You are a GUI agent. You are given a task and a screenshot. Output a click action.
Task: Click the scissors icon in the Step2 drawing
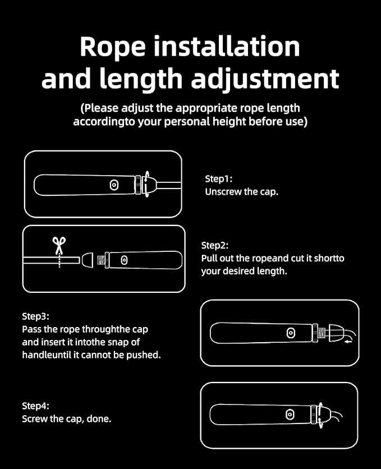click(x=59, y=245)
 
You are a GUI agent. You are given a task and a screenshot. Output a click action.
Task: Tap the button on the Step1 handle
click(x=114, y=185)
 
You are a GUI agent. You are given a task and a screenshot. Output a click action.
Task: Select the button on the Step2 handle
click(x=124, y=260)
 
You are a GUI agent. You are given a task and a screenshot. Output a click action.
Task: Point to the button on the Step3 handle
click(x=291, y=333)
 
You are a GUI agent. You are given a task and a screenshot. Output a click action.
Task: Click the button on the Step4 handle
click(x=290, y=415)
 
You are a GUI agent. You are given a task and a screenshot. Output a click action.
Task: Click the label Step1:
click(x=219, y=179)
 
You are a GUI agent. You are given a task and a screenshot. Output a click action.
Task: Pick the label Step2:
click(x=215, y=245)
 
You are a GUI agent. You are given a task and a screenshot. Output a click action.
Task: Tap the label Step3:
click(x=35, y=316)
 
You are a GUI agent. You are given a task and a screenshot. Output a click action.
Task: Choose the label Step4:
click(x=35, y=406)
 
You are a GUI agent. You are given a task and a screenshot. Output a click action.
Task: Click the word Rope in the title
click(x=113, y=48)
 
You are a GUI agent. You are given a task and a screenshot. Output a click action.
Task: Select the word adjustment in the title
click(x=265, y=79)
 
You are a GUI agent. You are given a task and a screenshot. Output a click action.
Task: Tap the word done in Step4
click(x=98, y=419)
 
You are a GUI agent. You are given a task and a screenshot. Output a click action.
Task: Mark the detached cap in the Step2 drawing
click(x=87, y=260)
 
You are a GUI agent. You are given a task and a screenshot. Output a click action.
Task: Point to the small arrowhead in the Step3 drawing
click(x=347, y=341)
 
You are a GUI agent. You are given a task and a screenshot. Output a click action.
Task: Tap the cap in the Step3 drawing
click(x=335, y=333)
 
